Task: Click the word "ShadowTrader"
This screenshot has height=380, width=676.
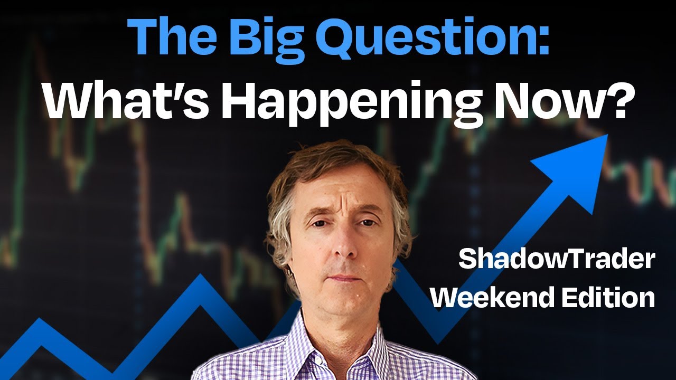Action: pyautogui.click(x=557, y=260)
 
